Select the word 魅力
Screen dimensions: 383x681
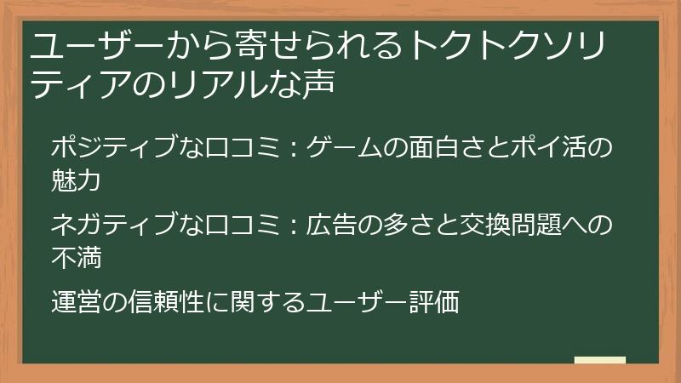(x=77, y=180)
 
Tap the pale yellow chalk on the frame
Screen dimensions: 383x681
(x=599, y=361)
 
